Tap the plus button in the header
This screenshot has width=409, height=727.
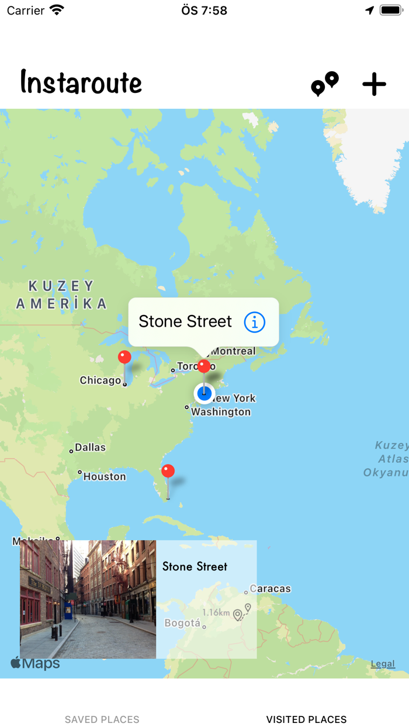point(374,85)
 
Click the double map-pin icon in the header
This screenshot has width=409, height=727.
point(325,84)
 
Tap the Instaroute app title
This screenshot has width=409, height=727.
point(81,82)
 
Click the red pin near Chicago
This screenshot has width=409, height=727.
point(124,357)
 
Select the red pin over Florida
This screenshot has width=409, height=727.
point(168,471)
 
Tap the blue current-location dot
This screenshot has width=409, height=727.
point(204,393)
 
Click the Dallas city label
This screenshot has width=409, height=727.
point(90,447)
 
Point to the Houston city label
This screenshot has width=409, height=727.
point(104,476)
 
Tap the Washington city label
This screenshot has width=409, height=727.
point(221,412)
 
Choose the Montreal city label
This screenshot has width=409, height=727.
point(233,351)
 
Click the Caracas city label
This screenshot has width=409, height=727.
point(270,588)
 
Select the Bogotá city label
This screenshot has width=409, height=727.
point(183,623)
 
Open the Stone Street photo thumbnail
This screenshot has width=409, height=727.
point(88,599)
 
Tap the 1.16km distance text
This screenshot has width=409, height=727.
point(216,612)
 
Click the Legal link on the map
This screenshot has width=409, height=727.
point(383,664)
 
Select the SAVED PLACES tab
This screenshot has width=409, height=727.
point(102,719)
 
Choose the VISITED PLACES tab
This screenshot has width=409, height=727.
point(306,719)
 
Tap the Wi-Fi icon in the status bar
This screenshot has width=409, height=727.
point(57,10)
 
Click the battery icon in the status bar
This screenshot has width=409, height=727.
point(391,10)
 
